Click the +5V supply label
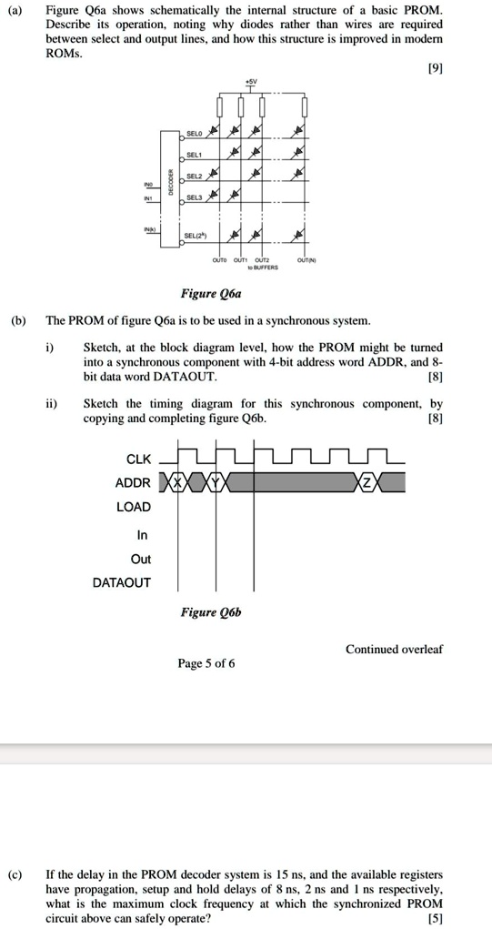(250, 81)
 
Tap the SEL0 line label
(193, 135)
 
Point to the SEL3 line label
(193, 197)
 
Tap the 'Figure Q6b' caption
(210, 612)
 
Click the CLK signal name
(139, 458)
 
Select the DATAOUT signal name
(122, 582)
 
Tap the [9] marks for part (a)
(435, 69)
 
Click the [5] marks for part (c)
(435, 919)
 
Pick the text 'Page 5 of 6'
(206, 663)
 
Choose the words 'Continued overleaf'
(394, 649)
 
